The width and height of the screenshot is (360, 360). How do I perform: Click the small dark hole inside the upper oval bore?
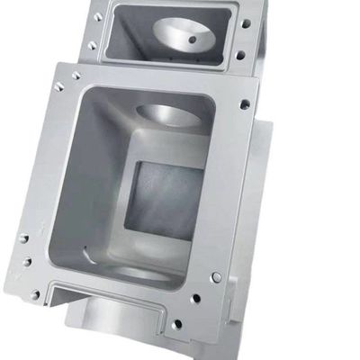click(x=191, y=40)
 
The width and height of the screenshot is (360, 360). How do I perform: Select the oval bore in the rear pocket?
click(x=184, y=34)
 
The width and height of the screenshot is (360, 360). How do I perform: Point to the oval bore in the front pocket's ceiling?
click(x=166, y=115)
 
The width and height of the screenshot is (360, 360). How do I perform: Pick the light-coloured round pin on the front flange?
click(x=217, y=276)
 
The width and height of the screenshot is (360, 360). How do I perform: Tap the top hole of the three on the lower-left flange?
click(x=23, y=239)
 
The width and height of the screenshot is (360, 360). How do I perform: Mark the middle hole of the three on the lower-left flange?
click(x=26, y=262)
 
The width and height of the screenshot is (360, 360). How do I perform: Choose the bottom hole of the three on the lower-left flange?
click(x=35, y=293)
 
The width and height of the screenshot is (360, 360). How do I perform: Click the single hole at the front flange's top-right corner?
click(x=245, y=104)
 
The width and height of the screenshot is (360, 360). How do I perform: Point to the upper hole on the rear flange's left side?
click(x=97, y=16)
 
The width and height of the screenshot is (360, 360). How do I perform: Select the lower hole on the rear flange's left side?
click(x=91, y=44)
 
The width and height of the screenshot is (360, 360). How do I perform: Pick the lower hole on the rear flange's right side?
click(x=241, y=55)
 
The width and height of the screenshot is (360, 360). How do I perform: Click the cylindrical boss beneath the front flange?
click(x=112, y=319)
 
